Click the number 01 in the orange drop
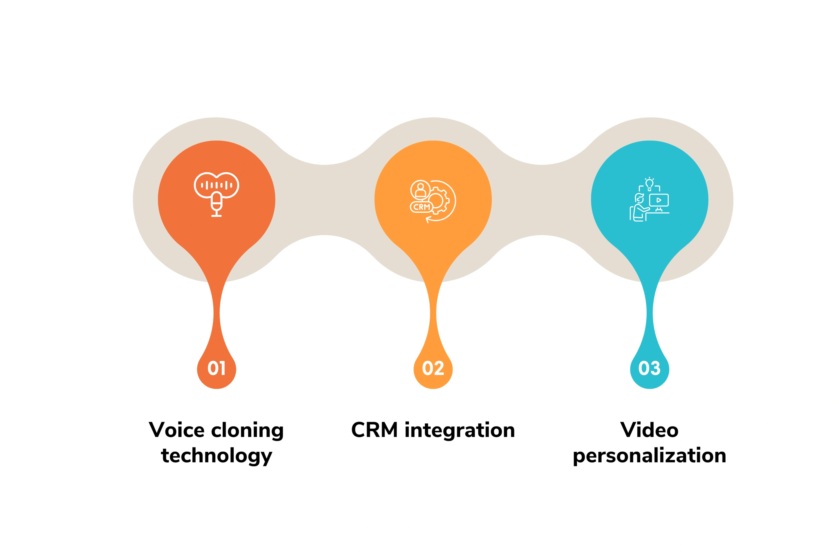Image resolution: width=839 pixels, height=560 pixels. pos(216,368)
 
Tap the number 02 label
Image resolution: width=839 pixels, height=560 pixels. pos(433,368)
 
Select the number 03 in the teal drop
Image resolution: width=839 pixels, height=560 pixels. pos(650,368)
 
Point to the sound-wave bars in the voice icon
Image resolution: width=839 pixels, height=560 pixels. pos(216,185)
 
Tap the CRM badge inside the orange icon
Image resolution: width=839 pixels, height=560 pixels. pos(421,207)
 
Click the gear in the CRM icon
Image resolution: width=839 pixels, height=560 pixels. pos(436,200)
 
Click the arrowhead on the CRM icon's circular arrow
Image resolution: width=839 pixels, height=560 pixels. pos(428,219)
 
